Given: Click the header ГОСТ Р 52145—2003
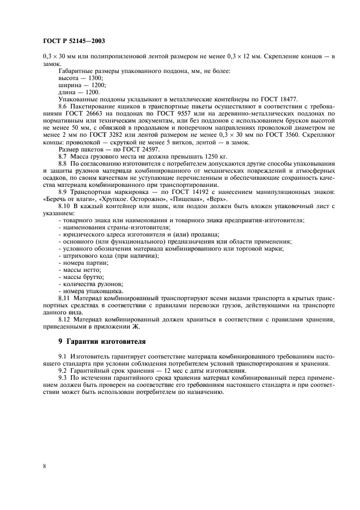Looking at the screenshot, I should coord(73,40).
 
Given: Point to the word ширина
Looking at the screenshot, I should coord(67,86).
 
